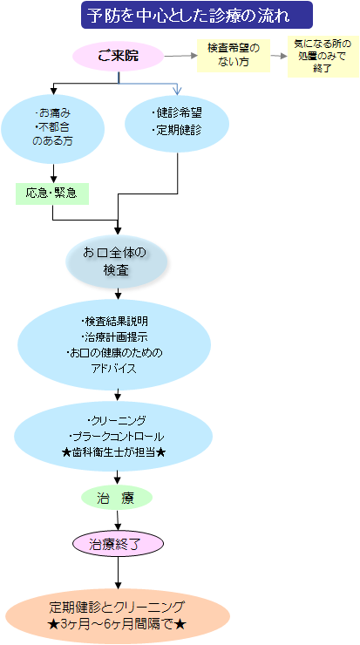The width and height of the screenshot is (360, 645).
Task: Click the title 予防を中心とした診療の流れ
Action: tap(197, 15)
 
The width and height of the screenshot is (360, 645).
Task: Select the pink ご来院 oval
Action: tap(119, 57)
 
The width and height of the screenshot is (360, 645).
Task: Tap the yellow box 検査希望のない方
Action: tap(234, 56)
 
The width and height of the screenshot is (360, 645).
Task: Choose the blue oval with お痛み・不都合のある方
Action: tap(52, 128)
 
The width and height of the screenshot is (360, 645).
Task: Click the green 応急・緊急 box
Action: tap(51, 193)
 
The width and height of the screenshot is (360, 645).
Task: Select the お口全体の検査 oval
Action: tap(117, 261)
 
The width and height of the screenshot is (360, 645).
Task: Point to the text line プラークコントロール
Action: tap(117, 437)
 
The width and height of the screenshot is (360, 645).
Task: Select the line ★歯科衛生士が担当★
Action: tap(113, 452)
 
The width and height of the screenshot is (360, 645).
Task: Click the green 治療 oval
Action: tap(118, 499)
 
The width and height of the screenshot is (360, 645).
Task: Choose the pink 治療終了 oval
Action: tap(119, 544)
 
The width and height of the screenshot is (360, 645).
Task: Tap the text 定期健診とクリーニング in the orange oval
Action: tap(117, 608)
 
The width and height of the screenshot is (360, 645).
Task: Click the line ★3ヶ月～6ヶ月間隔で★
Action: tap(117, 624)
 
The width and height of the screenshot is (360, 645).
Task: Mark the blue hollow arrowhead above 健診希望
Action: tap(177, 90)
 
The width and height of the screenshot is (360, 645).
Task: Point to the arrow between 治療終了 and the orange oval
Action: tap(119, 573)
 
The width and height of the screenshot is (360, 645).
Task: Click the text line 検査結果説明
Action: tap(114, 322)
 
